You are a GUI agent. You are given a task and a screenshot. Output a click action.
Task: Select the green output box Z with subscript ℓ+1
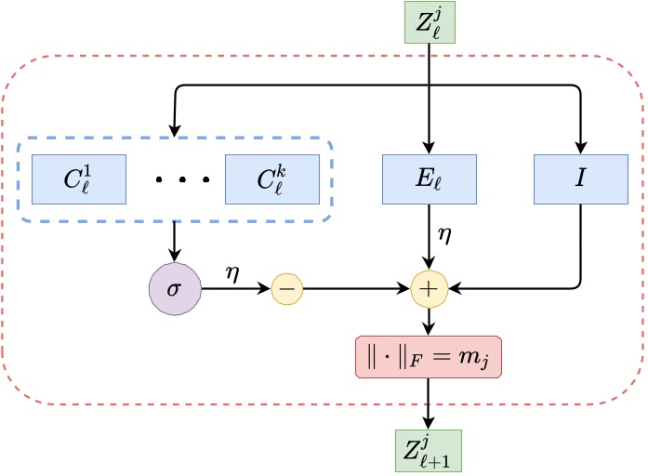(430, 454)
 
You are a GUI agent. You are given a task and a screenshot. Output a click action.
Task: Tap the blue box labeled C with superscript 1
(78, 178)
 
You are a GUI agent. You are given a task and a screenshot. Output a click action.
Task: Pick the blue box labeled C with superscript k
(271, 178)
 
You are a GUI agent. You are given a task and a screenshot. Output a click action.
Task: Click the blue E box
(430, 178)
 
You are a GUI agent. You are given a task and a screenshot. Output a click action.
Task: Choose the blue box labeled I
(580, 178)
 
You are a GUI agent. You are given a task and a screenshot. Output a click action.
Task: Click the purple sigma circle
(175, 289)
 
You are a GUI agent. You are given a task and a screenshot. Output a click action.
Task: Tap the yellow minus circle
(286, 290)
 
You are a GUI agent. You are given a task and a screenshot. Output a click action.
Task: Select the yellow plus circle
(429, 290)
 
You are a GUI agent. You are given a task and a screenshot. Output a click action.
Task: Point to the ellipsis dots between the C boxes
(175, 178)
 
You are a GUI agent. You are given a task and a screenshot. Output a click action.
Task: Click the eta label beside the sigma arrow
(232, 273)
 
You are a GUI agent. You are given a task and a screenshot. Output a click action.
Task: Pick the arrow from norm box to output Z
(429, 404)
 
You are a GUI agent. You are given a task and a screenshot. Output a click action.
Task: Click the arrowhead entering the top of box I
(580, 147)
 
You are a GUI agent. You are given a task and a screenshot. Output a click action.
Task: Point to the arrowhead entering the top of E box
(430, 147)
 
